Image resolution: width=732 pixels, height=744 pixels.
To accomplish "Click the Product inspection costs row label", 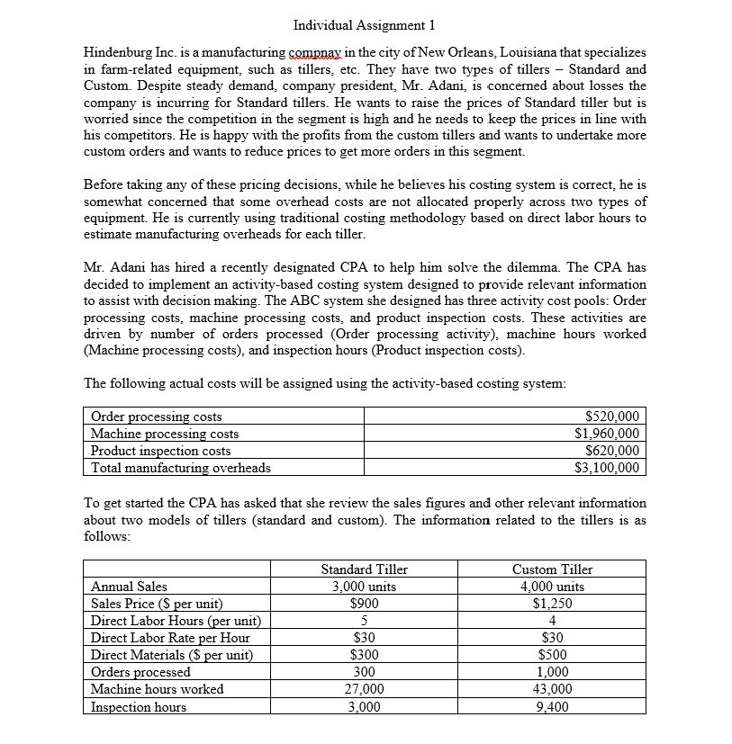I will tap(161, 451).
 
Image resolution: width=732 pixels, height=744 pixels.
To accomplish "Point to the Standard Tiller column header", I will tap(364, 569).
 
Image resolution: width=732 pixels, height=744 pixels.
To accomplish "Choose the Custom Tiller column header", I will tap(552, 569).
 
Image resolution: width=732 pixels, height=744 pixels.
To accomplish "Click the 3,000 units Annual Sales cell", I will tap(364, 587).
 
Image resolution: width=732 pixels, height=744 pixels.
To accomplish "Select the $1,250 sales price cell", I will tap(552, 604).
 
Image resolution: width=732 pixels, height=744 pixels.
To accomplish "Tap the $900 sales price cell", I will tap(364, 604).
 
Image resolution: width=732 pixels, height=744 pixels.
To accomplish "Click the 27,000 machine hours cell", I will tap(364, 689).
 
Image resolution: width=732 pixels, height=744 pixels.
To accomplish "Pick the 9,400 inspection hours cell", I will tap(552, 707).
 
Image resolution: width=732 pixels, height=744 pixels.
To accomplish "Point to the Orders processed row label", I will tap(140, 672).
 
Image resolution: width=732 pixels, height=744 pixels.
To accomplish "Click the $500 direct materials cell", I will tap(552, 655).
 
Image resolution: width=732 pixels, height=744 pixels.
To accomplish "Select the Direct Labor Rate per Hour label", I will tap(170, 638).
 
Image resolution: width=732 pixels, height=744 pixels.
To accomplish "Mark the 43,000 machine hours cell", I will tap(552, 689).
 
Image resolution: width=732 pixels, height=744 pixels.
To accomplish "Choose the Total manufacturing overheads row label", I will tap(180, 467).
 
